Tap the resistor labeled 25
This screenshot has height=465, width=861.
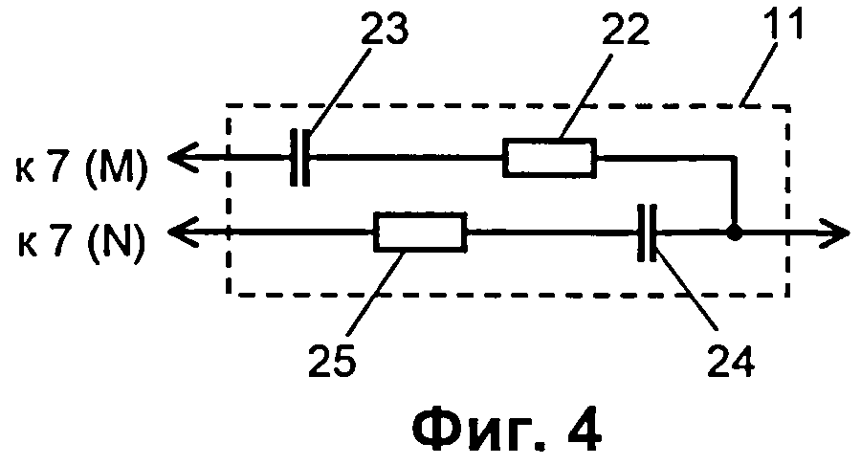tap(418, 232)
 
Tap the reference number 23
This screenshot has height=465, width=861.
tap(383, 31)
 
